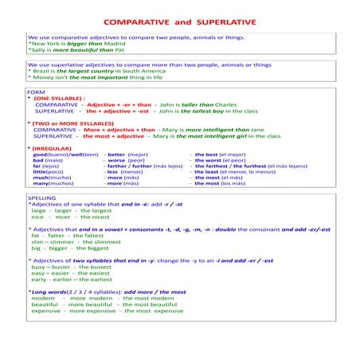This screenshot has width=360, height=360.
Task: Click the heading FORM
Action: [36, 92]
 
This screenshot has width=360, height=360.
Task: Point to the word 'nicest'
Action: [102, 216]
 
